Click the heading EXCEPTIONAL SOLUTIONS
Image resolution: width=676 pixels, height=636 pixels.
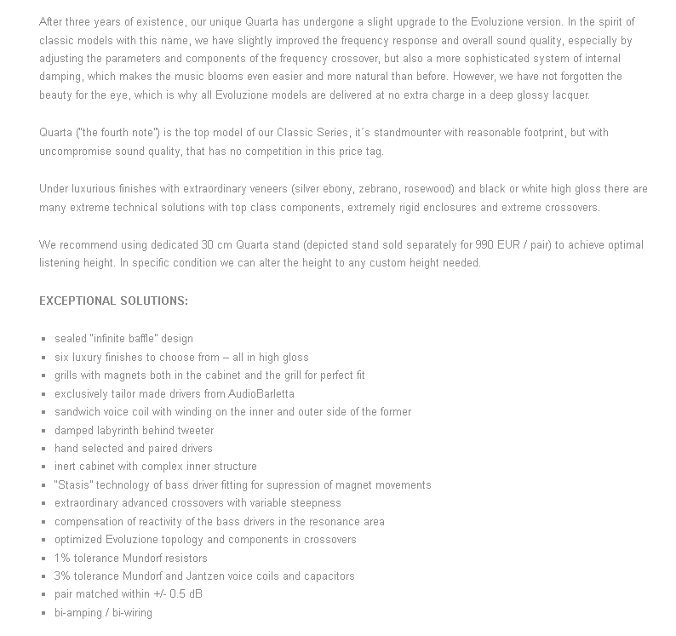[x=113, y=301]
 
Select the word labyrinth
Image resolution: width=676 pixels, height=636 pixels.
[x=123, y=431]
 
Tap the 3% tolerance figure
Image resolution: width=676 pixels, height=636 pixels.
[x=62, y=576]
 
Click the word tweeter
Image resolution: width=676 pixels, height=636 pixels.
[x=196, y=431]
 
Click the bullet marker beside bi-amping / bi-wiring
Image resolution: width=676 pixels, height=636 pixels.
[x=43, y=613]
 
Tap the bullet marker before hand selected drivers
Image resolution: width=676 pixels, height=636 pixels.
[x=43, y=449]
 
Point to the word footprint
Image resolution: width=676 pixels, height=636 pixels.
[x=517, y=134]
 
